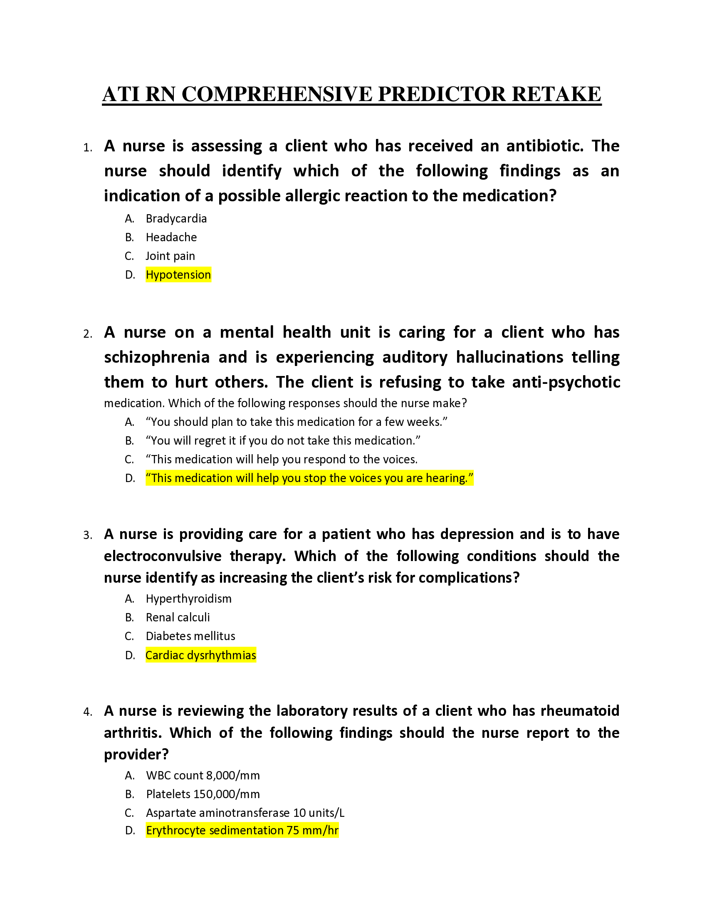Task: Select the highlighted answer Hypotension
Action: tap(178, 275)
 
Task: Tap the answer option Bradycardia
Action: tap(176, 219)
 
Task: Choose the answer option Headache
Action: tap(171, 237)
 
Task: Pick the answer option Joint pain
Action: tap(170, 256)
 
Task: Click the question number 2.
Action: tap(87, 334)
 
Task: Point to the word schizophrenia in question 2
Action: tap(157, 357)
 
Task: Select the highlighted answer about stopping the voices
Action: tap(309, 478)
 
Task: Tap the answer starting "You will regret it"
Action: tap(283, 441)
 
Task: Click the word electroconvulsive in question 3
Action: tap(163, 556)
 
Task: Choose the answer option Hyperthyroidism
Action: tap(188, 598)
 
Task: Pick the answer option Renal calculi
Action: tap(178, 618)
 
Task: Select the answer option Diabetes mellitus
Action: tap(190, 636)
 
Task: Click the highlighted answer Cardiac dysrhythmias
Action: tap(200, 655)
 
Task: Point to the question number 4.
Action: tap(87, 712)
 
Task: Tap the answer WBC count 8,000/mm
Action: tap(203, 776)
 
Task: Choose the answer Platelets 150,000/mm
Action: tap(203, 794)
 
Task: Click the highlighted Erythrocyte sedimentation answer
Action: tap(242, 831)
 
